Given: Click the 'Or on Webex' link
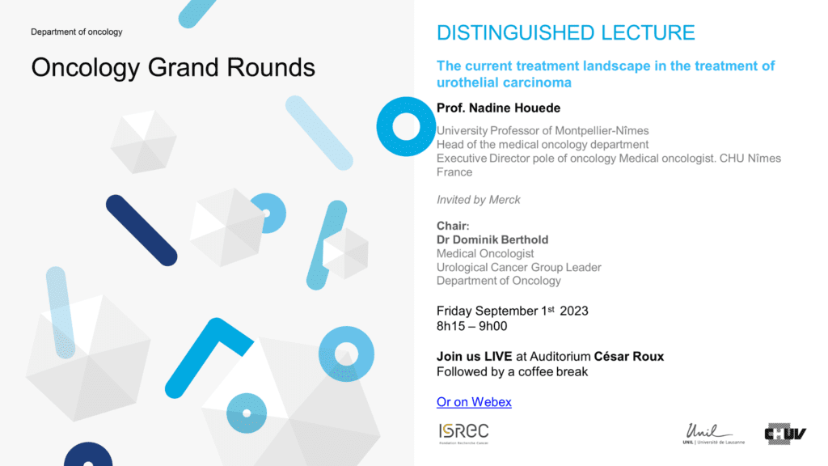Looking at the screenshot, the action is tap(474, 402).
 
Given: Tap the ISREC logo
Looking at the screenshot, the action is tap(463, 434).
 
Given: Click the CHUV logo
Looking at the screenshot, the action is tap(785, 434).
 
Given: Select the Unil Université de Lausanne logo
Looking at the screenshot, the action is tap(713, 434).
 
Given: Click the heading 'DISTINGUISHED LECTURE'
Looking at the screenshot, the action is tap(565, 32).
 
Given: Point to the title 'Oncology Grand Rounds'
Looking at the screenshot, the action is tap(173, 68).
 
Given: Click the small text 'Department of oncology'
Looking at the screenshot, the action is tap(77, 32).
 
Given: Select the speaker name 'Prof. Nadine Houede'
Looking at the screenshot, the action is tap(498, 108).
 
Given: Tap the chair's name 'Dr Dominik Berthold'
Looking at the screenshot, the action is tap(492, 239).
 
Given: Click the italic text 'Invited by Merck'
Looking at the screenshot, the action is tap(479, 200).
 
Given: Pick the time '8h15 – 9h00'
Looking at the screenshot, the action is tap(471, 327).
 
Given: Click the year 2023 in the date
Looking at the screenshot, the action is tap(574, 311).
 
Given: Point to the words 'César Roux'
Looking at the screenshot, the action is tap(628, 357).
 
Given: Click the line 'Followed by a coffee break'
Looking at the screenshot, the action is tap(512, 372).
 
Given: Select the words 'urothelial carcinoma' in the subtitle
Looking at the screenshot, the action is tap(504, 83).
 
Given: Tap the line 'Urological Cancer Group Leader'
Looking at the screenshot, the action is tap(518, 267).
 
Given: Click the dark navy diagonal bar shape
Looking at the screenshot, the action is tap(141, 231).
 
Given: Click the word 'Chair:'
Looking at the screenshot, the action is tap(453, 227).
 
